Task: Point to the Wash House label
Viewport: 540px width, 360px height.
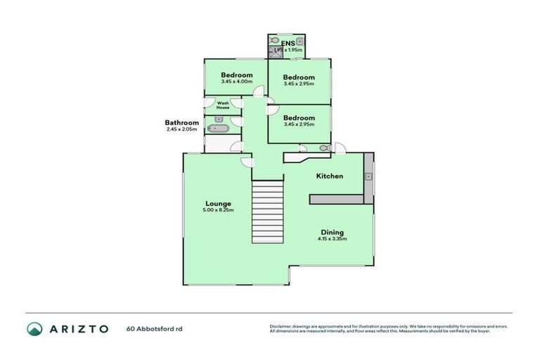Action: (223, 105)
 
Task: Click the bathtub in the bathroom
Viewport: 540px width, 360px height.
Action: (219, 129)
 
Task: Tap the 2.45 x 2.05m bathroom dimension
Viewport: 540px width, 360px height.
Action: (182, 129)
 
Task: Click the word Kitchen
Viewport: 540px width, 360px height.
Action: (329, 176)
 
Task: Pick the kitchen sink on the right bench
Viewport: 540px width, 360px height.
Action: (368, 177)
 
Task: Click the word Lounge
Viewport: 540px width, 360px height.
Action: (218, 203)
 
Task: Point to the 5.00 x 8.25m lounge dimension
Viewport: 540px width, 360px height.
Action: (218, 210)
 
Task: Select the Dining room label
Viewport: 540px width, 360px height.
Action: (332, 232)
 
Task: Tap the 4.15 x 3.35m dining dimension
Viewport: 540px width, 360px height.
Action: (332, 239)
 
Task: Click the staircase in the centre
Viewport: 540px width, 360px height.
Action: (266, 212)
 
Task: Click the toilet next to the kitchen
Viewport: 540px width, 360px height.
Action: (324, 148)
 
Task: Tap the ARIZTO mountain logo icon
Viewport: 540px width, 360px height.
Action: (34, 328)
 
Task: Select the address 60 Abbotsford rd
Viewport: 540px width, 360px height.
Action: (153, 328)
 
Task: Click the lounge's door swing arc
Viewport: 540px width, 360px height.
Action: (247, 162)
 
